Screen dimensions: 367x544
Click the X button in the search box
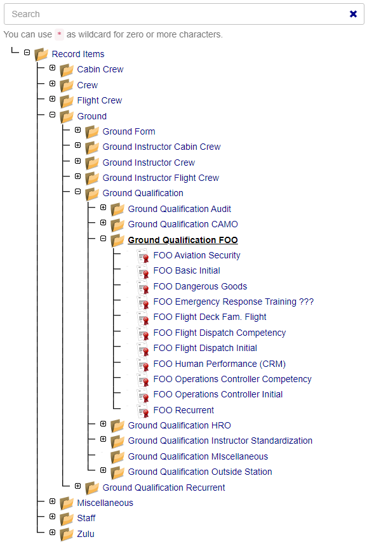tap(353, 14)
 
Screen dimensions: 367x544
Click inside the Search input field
tap(173, 14)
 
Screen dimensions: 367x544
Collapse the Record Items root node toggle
tap(27, 53)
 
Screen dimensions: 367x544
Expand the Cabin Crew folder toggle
tap(52, 68)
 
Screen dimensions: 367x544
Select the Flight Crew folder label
tap(100, 101)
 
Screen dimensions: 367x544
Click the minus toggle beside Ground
tap(52, 114)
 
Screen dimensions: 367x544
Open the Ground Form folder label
tap(129, 131)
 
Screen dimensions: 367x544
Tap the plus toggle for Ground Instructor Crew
tap(77, 161)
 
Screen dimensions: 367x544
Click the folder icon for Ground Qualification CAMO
tap(117, 225)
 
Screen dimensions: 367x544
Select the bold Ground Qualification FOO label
tap(183, 240)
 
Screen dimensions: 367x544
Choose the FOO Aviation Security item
tap(197, 255)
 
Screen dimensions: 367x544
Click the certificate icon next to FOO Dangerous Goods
tap(143, 288)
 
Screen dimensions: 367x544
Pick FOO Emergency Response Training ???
tap(234, 302)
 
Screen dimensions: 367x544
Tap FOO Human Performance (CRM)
tap(220, 364)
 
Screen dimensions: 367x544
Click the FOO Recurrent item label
tap(183, 410)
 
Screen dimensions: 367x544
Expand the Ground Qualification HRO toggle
tap(103, 423)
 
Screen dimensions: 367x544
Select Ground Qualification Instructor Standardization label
tap(220, 441)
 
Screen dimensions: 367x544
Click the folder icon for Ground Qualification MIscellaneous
tap(117, 457)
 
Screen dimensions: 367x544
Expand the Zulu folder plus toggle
tap(52, 532)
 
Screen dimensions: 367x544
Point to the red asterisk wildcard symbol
tap(59, 34)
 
